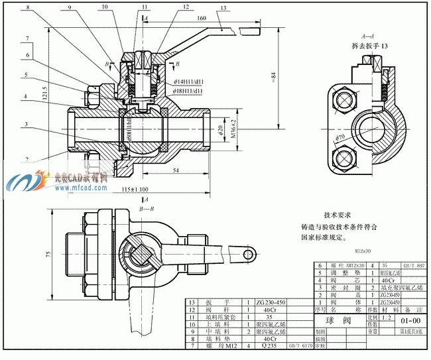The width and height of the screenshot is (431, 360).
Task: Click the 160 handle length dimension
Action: [x=201, y=19]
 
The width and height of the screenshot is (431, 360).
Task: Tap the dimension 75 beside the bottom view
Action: [x=48, y=254]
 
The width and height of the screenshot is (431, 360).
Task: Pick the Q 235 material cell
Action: [x=268, y=346]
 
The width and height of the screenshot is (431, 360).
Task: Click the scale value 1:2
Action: [x=375, y=316]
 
